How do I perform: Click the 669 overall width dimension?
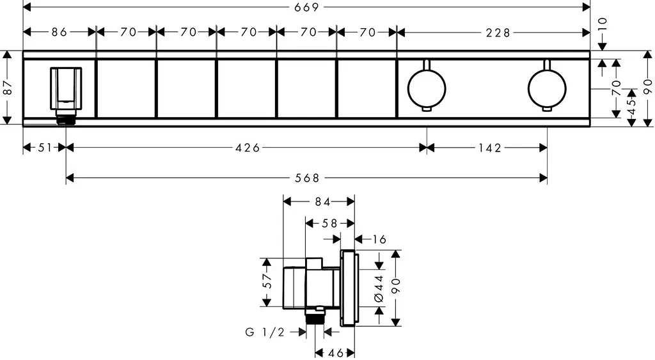[306, 7]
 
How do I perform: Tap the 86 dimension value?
[59, 32]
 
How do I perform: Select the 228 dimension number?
[498, 33]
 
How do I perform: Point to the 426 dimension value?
[248, 148]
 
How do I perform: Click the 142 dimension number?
[489, 148]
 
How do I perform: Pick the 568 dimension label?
[307, 178]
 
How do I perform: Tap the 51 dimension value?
[45, 148]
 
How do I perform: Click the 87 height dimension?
[7, 88]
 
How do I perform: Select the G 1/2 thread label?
[265, 332]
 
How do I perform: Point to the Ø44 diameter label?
[379, 288]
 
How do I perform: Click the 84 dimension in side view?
[322, 202]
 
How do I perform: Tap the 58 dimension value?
[329, 224]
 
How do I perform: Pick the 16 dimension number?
[379, 239]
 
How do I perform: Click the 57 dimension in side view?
[267, 281]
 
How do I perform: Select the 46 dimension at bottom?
[335, 354]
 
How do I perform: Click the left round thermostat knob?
[427, 88]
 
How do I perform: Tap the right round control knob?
[547, 88]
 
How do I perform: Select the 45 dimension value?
[631, 106]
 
